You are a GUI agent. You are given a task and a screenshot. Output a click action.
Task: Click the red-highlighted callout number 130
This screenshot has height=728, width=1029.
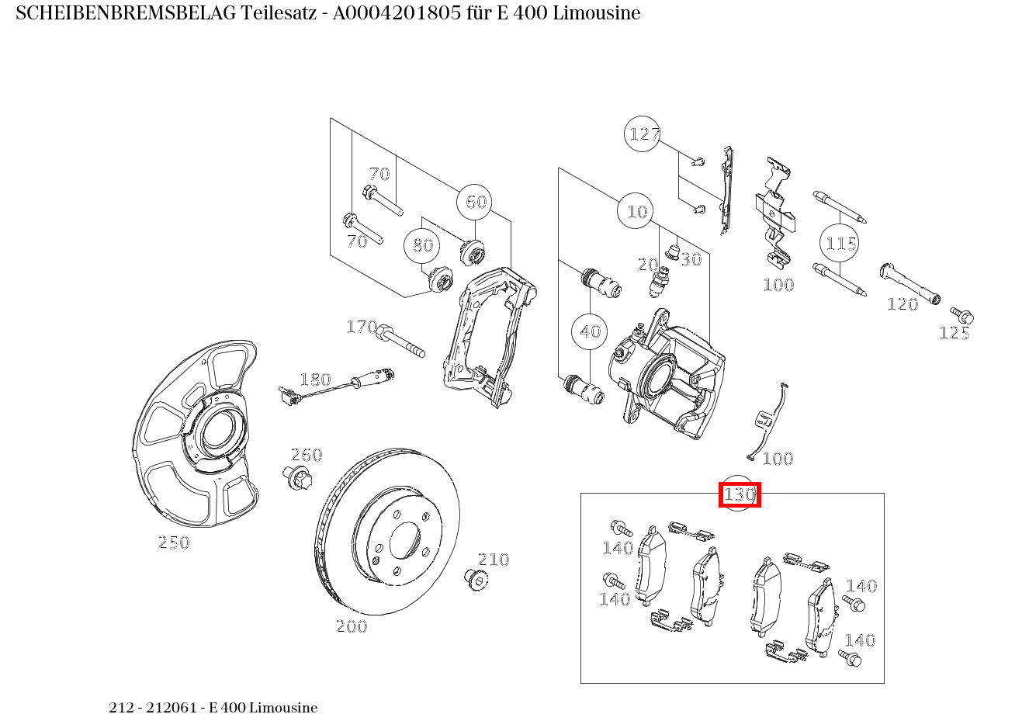(740, 494)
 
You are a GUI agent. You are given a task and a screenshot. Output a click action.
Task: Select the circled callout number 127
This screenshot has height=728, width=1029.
(643, 134)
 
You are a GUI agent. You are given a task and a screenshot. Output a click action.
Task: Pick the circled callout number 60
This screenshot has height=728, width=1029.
(475, 202)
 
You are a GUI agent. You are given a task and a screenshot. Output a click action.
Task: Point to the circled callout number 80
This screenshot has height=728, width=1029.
(421, 245)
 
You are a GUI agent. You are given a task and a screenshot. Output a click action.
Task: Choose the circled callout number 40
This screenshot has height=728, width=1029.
(589, 331)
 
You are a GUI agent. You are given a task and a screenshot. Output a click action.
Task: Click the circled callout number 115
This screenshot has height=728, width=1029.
(840, 243)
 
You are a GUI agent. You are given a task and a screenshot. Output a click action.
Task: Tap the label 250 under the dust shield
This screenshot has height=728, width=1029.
(174, 543)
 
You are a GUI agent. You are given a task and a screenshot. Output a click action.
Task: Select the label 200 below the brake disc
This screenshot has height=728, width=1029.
(352, 626)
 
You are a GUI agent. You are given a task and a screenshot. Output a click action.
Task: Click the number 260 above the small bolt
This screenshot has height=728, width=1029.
(307, 455)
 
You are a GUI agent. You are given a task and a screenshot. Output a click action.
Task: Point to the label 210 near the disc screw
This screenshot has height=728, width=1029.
(494, 560)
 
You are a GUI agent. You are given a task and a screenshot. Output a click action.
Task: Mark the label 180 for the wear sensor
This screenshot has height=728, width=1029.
(315, 380)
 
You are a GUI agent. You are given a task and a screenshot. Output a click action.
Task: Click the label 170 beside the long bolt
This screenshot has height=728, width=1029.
(362, 327)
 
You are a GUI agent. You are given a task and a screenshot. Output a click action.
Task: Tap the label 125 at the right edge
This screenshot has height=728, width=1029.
(955, 333)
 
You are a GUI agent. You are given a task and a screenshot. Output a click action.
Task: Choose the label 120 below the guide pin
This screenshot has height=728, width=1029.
(903, 304)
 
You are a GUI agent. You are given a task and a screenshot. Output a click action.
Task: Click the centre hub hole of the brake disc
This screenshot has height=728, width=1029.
(405, 541)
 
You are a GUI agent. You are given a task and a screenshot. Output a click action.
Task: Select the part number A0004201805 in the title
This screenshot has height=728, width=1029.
(397, 13)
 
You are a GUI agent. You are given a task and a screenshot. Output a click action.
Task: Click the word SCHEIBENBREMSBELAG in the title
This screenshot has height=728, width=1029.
(126, 13)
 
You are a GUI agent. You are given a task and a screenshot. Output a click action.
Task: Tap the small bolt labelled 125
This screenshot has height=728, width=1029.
(961, 315)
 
